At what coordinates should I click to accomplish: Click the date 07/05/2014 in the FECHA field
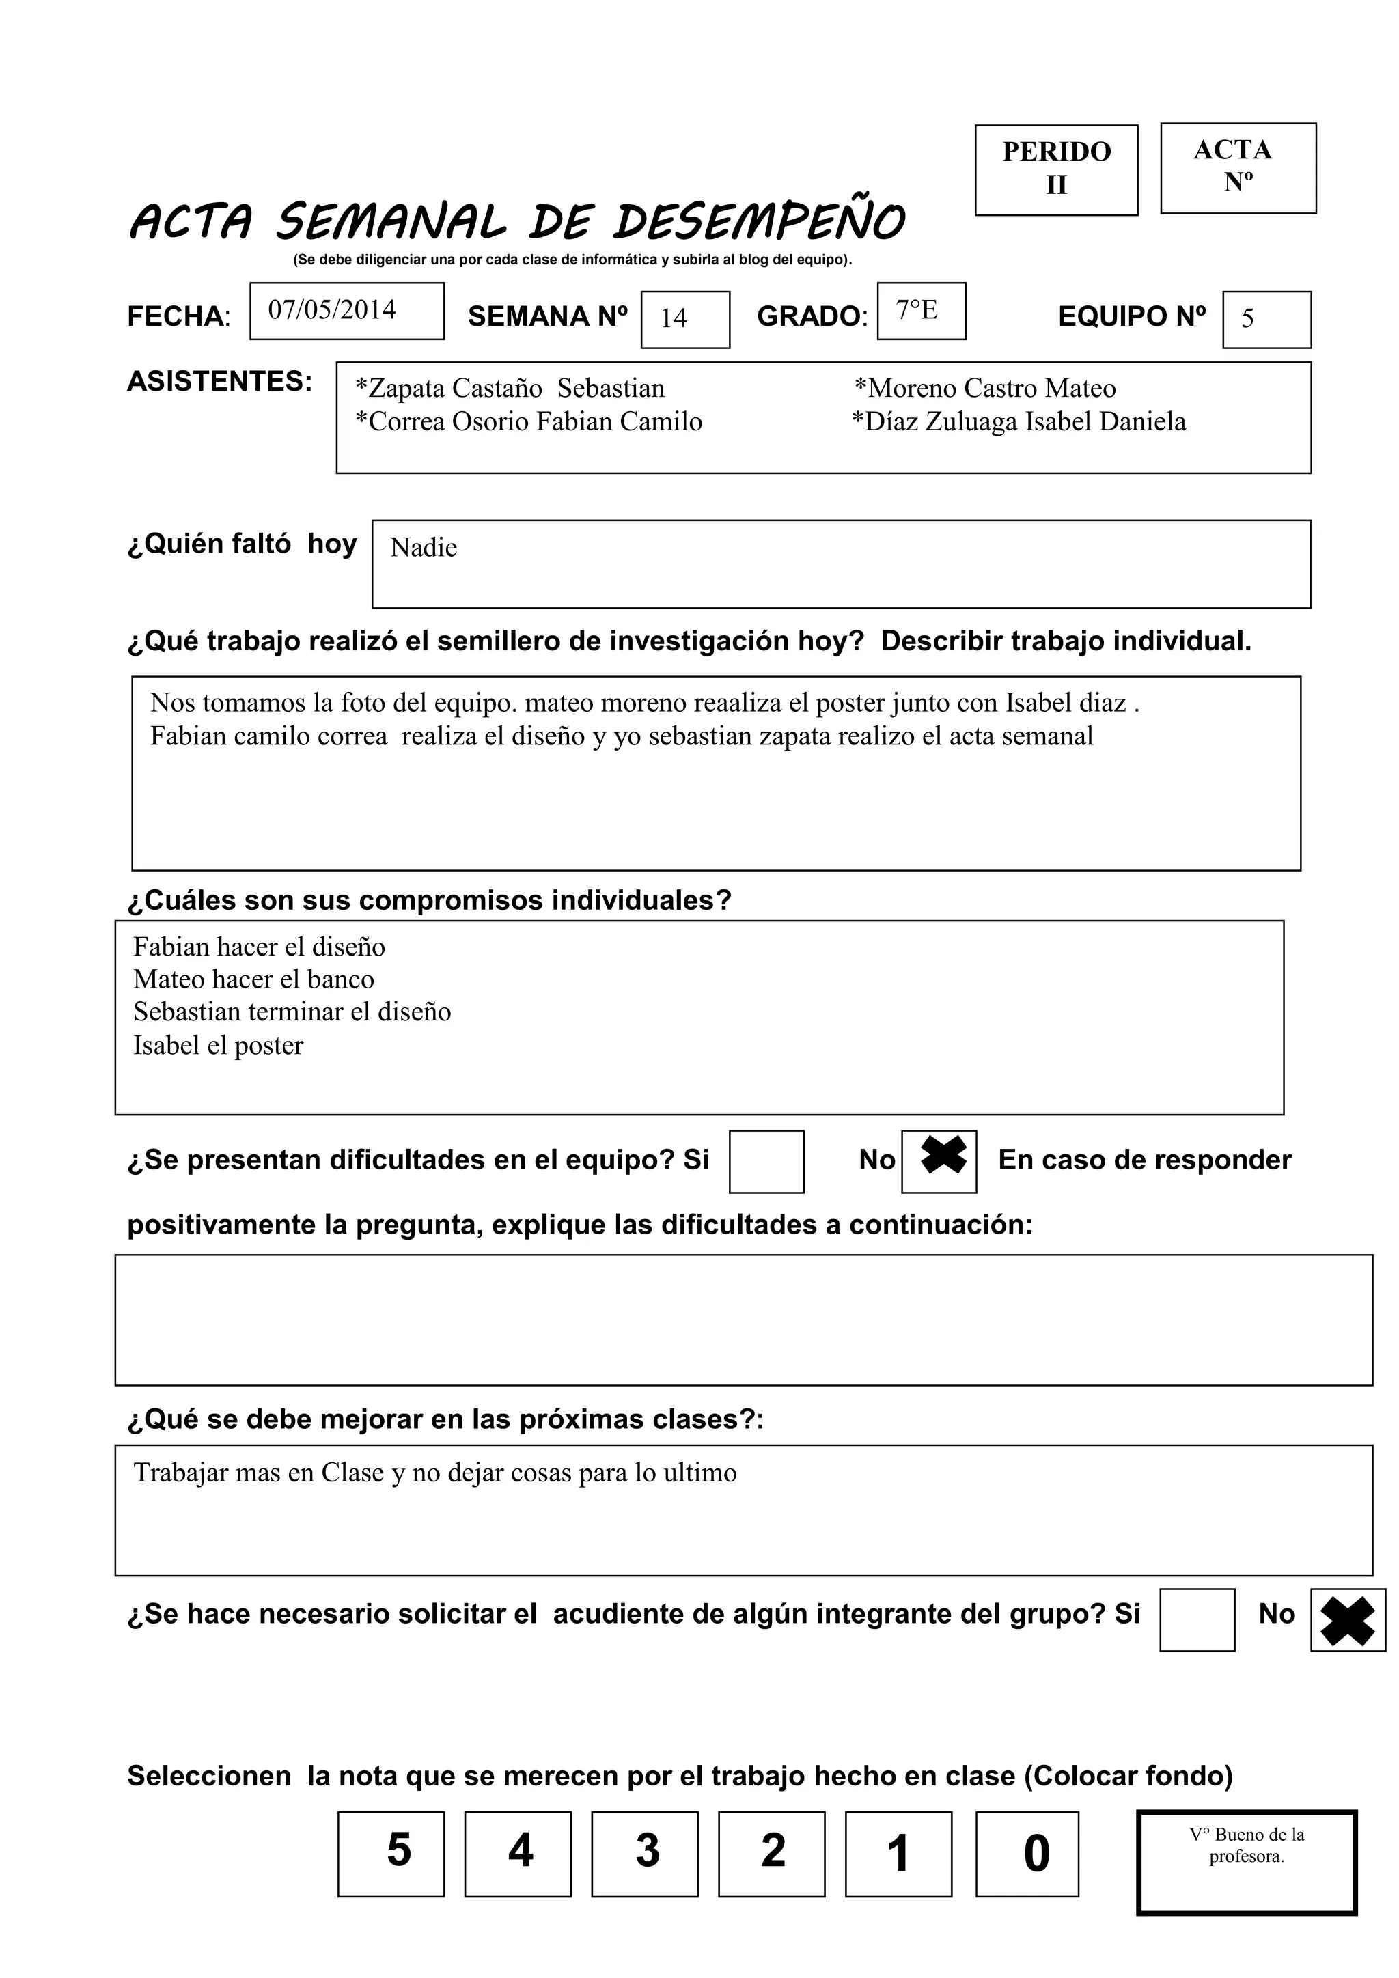pyautogui.click(x=333, y=310)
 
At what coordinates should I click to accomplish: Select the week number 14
pyautogui.click(x=674, y=319)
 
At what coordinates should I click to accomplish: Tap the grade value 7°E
pyautogui.click(x=917, y=310)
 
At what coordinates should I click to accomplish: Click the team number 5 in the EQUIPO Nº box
pyautogui.click(x=1247, y=319)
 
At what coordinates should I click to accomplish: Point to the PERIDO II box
pyautogui.click(x=1056, y=169)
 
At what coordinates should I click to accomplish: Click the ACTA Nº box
pyautogui.click(x=1238, y=167)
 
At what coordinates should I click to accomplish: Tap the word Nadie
pyautogui.click(x=423, y=548)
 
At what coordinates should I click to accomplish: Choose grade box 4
pyautogui.click(x=518, y=1853)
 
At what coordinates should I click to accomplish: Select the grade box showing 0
pyautogui.click(x=1027, y=1853)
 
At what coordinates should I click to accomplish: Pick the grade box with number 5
pyautogui.click(x=391, y=1853)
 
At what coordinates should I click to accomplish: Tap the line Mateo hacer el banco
pyautogui.click(x=253, y=979)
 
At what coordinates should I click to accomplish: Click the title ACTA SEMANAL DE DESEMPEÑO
pyautogui.click(x=517, y=221)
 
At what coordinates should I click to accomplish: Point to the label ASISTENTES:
pyautogui.click(x=220, y=381)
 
